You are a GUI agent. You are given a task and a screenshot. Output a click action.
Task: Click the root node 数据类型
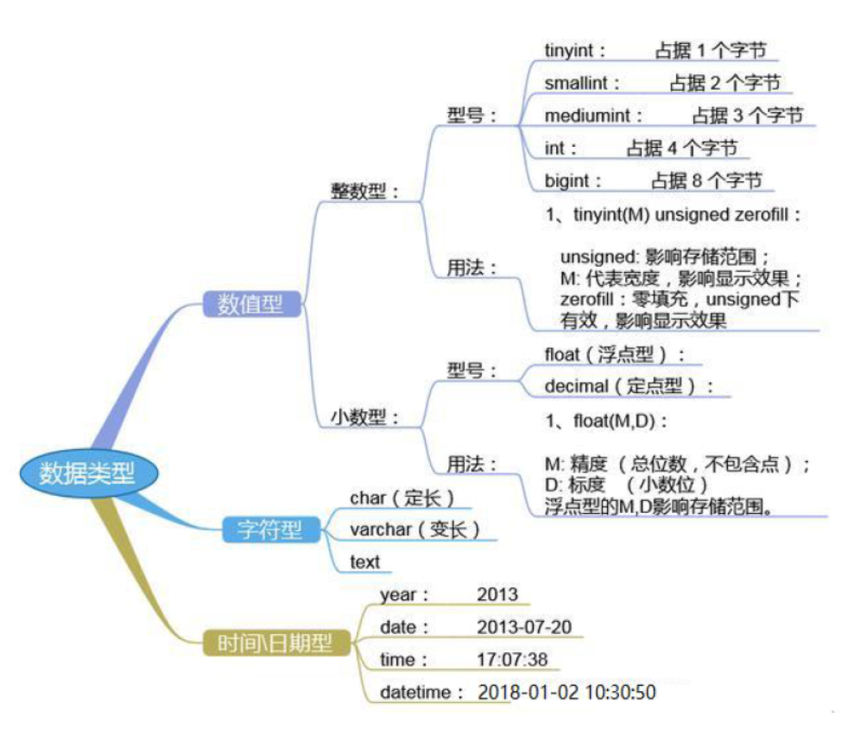coord(88,473)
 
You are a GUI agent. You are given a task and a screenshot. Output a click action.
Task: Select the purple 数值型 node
coord(251,304)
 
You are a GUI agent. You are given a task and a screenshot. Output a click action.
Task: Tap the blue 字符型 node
coord(271,529)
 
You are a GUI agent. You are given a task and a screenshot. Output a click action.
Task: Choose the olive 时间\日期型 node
coord(276,643)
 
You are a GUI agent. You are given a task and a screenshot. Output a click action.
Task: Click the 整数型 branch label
coord(364,192)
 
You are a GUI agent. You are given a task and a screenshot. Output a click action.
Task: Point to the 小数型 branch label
coord(364,416)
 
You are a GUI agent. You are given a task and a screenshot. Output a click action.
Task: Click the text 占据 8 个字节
coord(706,181)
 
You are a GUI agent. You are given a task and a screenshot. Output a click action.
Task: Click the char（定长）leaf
coord(402,498)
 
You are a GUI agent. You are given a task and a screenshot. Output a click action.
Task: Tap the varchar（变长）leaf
coord(415,529)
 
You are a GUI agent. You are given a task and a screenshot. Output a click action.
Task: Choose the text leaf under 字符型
coord(365,562)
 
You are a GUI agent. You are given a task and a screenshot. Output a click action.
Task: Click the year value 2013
coord(497,594)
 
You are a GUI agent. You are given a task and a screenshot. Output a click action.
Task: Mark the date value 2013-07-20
coord(524,627)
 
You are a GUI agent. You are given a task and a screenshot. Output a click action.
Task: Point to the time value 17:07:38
coord(512,659)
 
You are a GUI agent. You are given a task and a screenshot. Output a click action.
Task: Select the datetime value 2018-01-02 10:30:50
coord(566,692)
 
